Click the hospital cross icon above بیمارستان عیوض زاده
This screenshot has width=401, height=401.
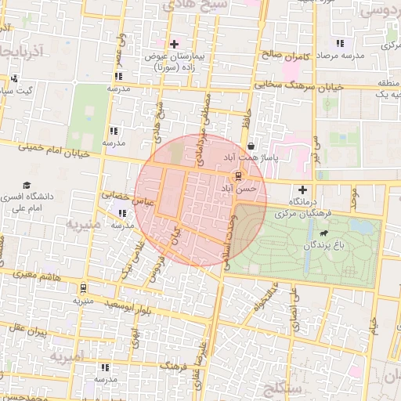click(x=174, y=43)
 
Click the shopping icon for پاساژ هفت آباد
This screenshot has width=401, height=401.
click(x=250, y=146)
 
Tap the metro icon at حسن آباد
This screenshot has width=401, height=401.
click(x=237, y=176)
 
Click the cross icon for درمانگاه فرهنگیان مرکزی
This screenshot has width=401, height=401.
click(x=302, y=190)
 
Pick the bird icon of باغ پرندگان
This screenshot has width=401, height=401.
click(x=323, y=233)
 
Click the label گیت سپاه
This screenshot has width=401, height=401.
click(x=16, y=91)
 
